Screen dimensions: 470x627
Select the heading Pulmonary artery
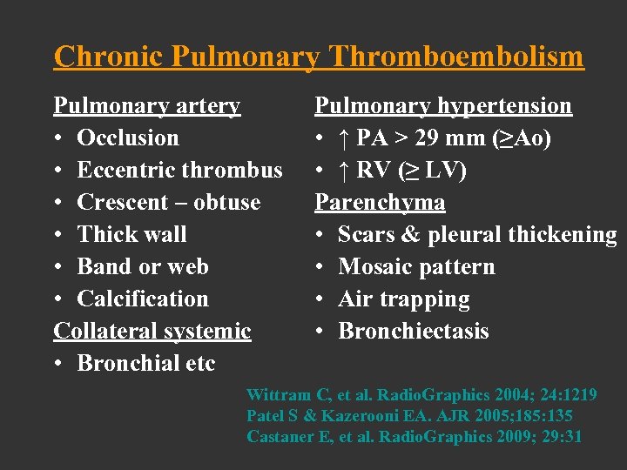point(146,106)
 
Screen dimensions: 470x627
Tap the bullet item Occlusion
point(127,138)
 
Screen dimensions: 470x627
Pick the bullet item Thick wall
point(131,234)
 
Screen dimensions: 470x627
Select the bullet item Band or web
point(142,266)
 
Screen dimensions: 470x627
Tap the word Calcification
point(143,299)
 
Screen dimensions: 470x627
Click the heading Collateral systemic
point(152,331)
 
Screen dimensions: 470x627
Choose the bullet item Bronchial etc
point(145,363)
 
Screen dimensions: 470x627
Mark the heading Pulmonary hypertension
point(443,106)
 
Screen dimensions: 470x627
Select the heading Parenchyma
point(380,202)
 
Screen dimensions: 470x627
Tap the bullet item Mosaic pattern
point(416,266)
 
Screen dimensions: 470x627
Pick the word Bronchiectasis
point(414,331)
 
